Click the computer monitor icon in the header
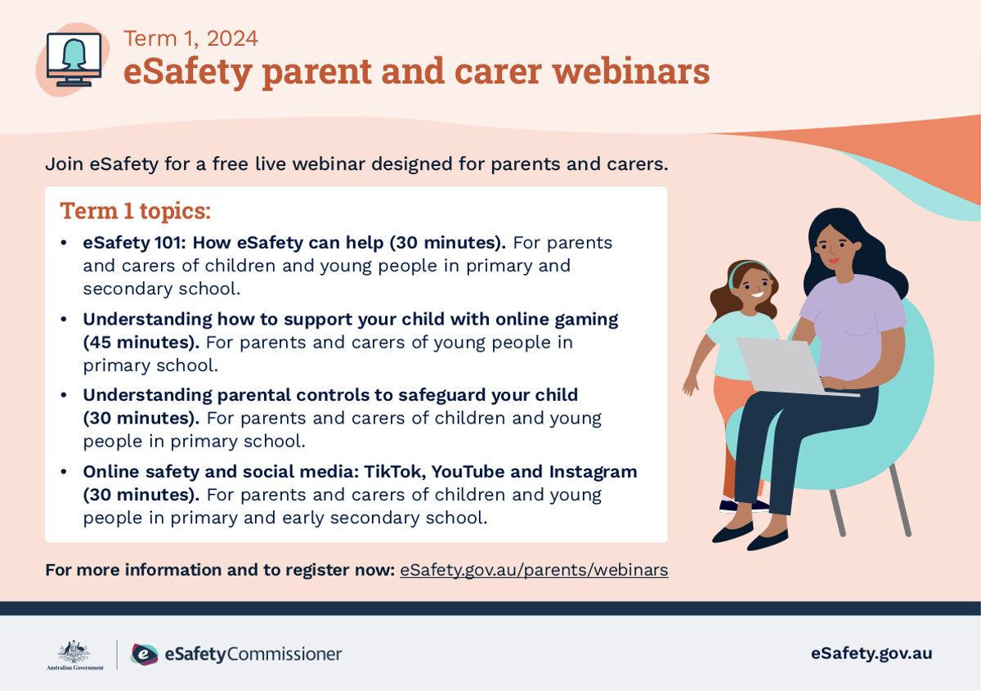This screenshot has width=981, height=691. point(74,60)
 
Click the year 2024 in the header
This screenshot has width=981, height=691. point(232,38)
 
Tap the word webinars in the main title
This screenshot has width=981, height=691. point(631,71)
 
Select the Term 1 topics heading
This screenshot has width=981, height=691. point(136,211)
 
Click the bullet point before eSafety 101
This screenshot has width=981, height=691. point(64,243)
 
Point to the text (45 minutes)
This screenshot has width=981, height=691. point(141,343)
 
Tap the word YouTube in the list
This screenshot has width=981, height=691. point(468,472)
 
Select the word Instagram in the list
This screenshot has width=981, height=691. point(594,473)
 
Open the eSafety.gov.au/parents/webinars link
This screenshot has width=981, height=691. point(534,570)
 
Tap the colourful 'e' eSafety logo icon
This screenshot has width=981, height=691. point(145,654)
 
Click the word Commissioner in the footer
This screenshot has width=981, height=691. point(284,654)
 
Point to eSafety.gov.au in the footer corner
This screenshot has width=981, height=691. point(871,653)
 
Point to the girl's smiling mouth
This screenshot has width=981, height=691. point(758,294)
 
